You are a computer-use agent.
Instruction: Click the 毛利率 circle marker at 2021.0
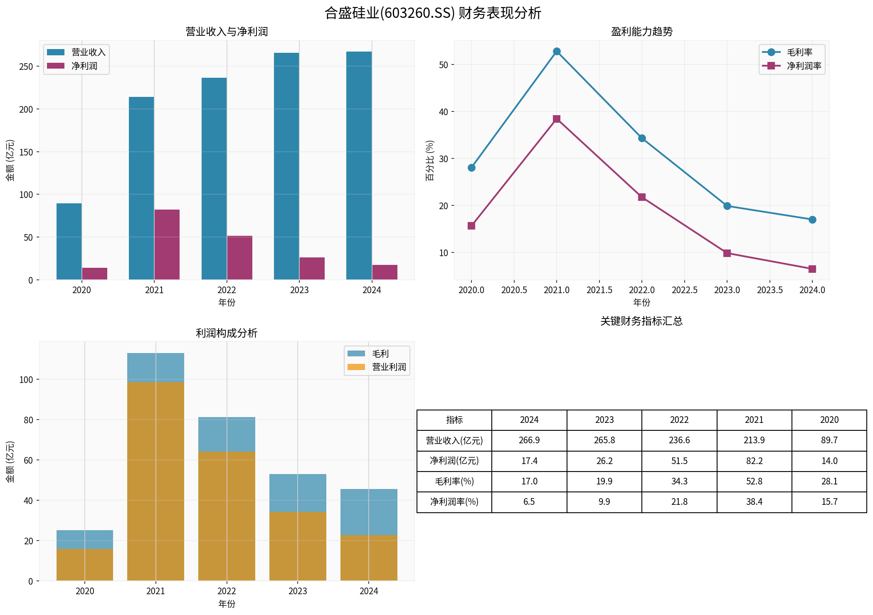pos(557,52)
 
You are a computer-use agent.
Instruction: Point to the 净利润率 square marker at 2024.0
pos(812,269)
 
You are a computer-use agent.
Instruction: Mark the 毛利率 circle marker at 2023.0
pos(727,206)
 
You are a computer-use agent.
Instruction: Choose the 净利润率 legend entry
pos(792,66)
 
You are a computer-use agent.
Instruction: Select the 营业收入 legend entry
pos(76,52)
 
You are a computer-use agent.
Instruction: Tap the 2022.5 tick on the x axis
pos(685,290)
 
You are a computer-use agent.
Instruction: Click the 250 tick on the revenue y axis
pos(26,67)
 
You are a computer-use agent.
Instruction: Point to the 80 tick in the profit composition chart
pos(28,420)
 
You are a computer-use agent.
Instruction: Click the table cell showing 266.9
pos(529,440)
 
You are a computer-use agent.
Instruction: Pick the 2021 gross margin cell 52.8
pos(754,482)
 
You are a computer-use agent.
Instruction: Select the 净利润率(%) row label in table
pos(454,502)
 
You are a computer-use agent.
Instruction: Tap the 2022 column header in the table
pos(679,420)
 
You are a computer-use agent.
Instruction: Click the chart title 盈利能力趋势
pos(641,32)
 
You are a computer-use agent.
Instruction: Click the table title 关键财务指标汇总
pos(641,321)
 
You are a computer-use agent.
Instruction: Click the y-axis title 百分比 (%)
pos(430,160)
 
